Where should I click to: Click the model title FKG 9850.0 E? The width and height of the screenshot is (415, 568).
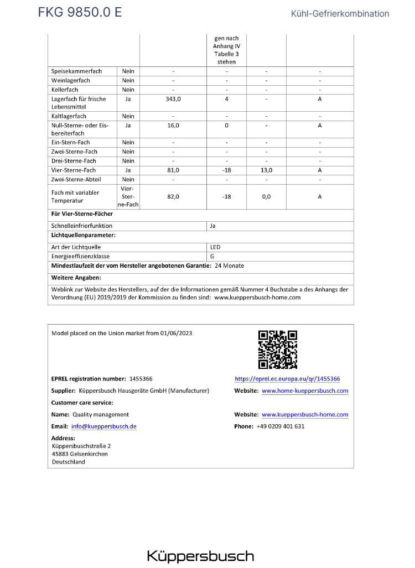[80, 13]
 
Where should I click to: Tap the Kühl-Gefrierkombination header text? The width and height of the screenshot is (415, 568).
[340, 14]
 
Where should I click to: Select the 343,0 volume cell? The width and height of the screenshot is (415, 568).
[173, 99]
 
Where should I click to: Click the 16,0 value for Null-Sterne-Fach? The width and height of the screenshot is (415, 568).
[173, 126]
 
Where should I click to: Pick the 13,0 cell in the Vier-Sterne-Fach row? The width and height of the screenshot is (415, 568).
[266, 170]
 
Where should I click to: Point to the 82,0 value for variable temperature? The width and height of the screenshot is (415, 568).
[173, 197]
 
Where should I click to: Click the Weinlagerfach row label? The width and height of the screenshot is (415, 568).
[71, 81]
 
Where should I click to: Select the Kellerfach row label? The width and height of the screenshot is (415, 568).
[65, 90]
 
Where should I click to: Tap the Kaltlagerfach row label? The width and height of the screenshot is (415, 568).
[69, 116]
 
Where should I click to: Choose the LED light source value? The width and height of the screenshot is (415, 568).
[215, 247]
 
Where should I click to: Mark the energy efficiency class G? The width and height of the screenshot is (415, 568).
[212, 257]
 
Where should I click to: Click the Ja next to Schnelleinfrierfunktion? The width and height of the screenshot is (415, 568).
[213, 226]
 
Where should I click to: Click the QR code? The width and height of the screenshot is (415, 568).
[278, 350]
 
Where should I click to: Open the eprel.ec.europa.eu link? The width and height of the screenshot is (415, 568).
[287, 379]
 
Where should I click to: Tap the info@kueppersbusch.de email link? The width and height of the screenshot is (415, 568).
[103, 426]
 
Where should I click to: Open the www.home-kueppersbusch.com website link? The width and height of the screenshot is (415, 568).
[305, 390]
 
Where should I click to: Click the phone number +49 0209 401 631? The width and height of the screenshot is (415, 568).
[281, 426]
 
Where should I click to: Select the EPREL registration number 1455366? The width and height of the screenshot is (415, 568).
[141, 379]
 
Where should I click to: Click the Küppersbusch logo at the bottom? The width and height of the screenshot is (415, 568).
[200, 556]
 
